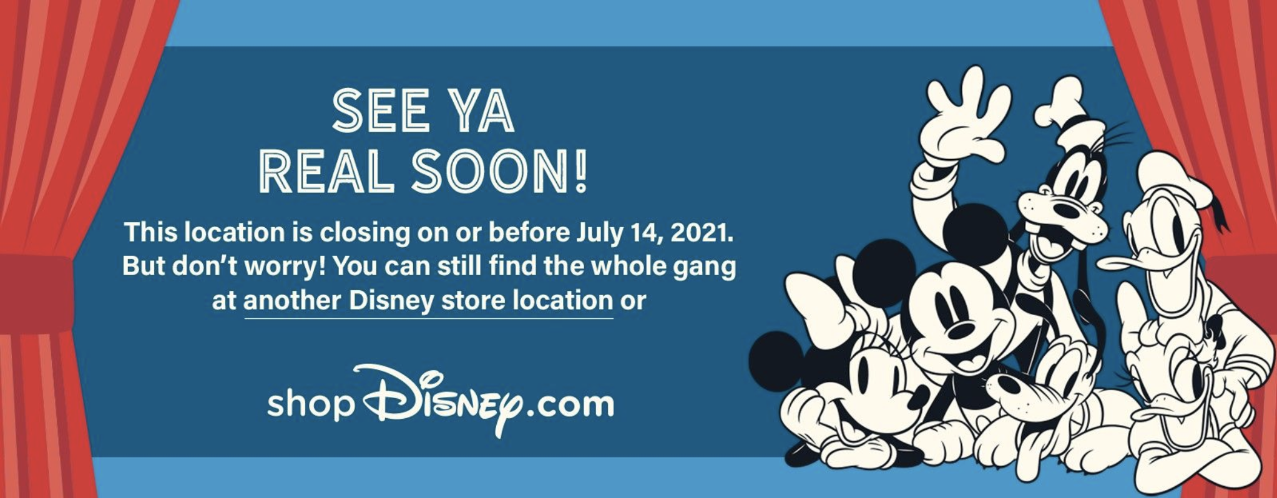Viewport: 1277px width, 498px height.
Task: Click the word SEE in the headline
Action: (x=380, y=110)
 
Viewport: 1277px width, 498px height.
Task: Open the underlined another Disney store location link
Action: (x=428, y=301)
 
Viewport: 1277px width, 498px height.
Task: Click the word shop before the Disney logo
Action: (x=310, y=404)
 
